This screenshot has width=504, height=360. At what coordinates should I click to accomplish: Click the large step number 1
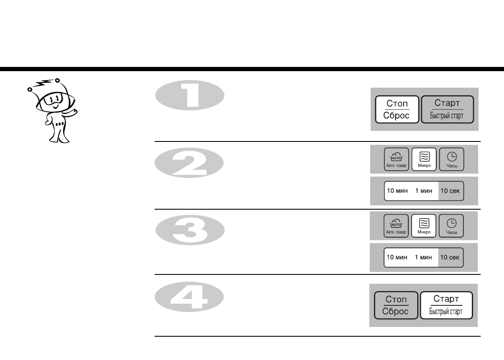tap(189, 96)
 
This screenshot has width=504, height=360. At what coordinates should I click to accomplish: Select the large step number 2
tap(189, 164)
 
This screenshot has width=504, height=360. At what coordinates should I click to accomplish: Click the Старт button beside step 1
tap(447, 109)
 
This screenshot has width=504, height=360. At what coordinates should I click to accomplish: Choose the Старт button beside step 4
tap(446, 305)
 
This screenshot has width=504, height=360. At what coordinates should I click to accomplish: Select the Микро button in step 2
tap(424, 159)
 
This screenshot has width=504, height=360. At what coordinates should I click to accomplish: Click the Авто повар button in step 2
tap(396, 159)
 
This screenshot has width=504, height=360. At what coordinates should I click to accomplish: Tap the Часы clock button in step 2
tap(451, 159)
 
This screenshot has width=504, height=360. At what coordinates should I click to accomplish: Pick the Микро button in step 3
tap(424, 226)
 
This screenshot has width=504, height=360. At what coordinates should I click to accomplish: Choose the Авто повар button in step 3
tap(396, 226)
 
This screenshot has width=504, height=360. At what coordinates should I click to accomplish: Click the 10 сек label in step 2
tap(451, 191)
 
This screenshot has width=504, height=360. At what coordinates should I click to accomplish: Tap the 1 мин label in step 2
tap(424, 191)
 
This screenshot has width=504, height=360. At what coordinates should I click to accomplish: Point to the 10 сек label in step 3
tap(450, 258)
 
